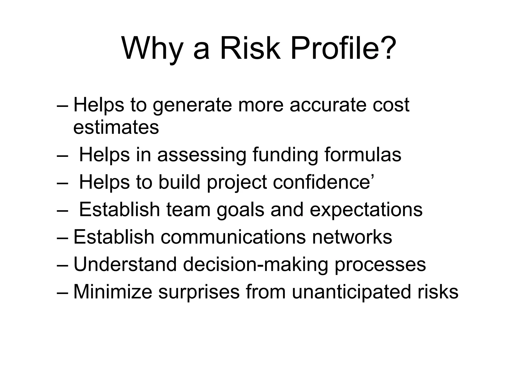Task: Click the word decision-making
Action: coord(255,264)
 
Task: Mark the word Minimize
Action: coord(113,292)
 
